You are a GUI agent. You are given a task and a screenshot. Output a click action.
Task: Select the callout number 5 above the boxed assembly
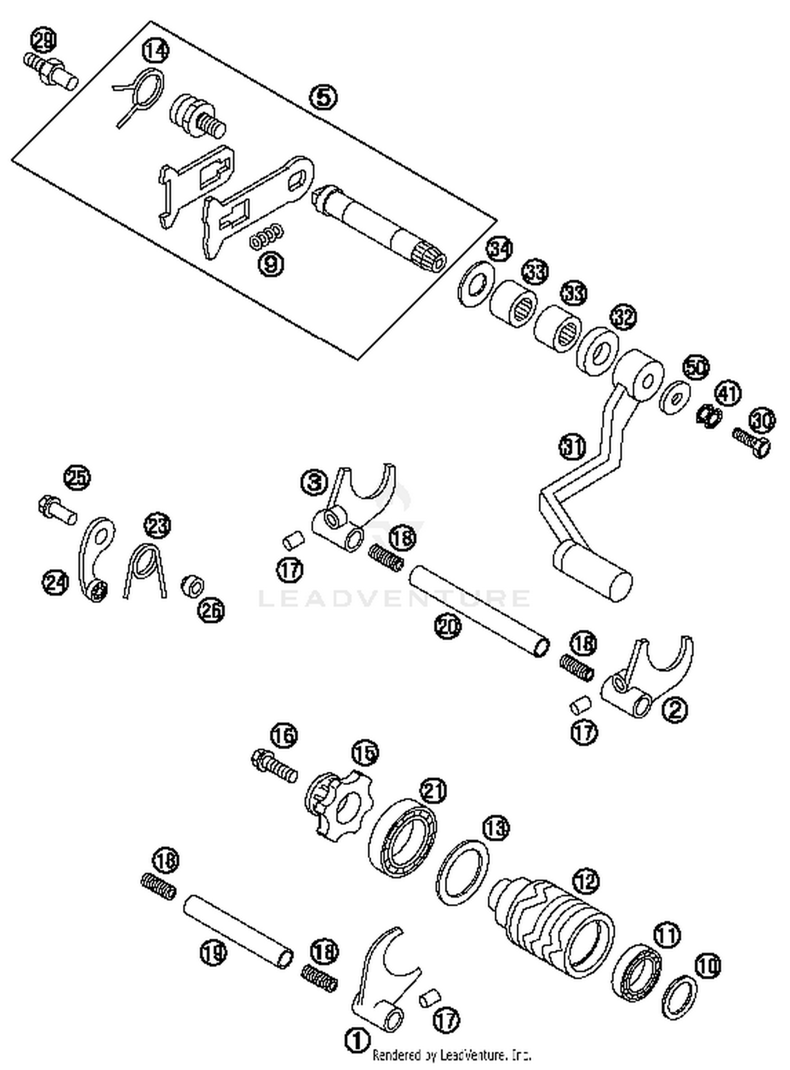pos(323,97)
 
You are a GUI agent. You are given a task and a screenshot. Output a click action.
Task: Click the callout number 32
pos(623,317)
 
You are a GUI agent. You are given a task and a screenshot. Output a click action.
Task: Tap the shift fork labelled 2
pos(648,680)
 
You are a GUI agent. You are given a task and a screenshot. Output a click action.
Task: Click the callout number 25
pos(77,478)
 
